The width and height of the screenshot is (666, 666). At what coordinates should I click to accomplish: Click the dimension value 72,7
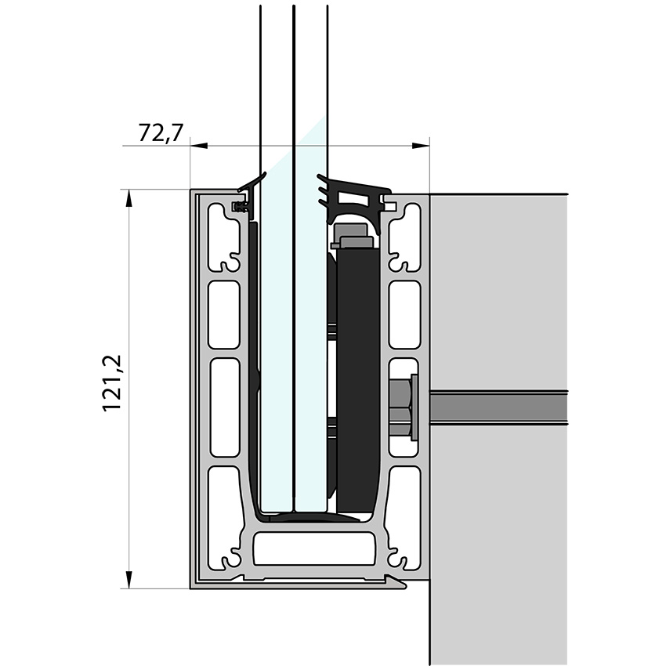point(161,133)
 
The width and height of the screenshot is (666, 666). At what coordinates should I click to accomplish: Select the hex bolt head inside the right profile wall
point(402,404)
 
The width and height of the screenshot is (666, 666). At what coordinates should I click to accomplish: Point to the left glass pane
point(276,353)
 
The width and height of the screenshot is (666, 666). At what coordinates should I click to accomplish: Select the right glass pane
point(309,353)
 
